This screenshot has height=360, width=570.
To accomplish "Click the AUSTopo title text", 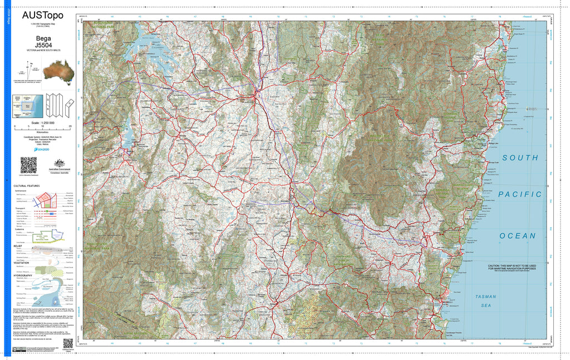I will coord(42,15).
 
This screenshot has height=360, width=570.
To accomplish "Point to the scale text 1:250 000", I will coord(43,122).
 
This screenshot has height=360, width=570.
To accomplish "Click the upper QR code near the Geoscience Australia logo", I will coord(28,165).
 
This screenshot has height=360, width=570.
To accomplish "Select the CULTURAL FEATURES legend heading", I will coord(26,186).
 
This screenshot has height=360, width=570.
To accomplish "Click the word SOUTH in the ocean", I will coord(520,158).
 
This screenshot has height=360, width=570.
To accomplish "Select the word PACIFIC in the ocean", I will coord(520,194).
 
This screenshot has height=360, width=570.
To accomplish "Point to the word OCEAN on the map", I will coord(518,236).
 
